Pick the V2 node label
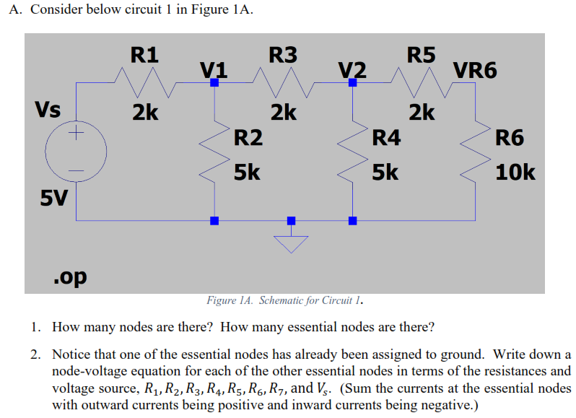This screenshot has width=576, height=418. coord(352,69)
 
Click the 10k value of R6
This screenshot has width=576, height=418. coord(515,173)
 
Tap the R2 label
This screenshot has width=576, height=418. coord(248,137)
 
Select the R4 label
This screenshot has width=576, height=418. coord(386,137)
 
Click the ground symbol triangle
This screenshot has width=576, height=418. coord(291,245)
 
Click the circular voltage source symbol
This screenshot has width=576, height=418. coord(77,152)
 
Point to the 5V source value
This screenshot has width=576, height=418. coord(53,196)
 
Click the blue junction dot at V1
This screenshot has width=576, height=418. coord(214,83)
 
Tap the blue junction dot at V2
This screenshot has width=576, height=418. coord(352,83)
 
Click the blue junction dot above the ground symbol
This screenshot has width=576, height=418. coord(291,220)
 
